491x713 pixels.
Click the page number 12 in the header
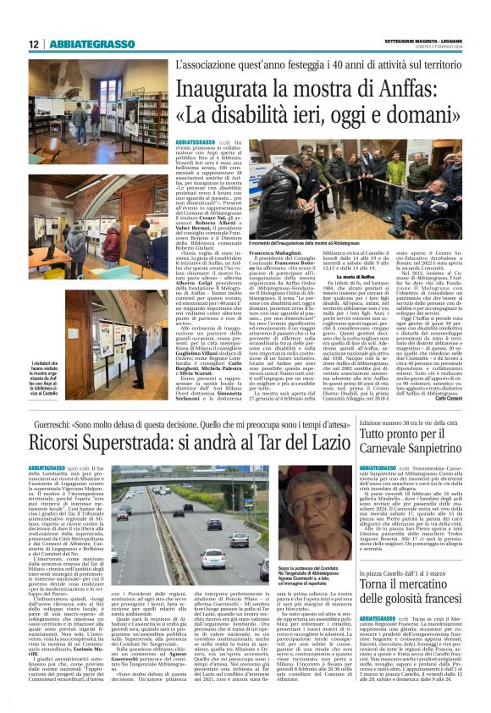[33, 44]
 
